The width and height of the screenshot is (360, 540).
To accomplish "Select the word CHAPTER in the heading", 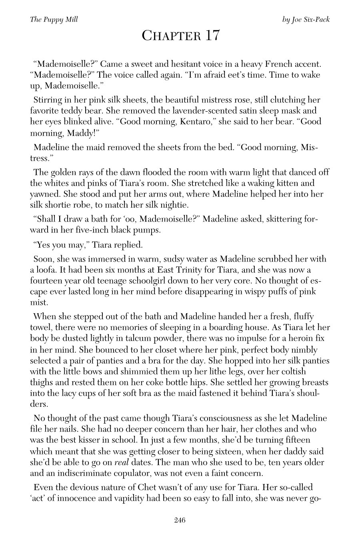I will [x=170, y=36].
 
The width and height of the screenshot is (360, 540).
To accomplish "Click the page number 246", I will [x=180, y=520].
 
